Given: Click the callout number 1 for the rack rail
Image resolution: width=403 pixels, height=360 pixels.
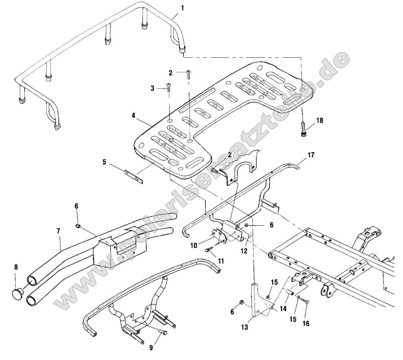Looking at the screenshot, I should click(182, 7).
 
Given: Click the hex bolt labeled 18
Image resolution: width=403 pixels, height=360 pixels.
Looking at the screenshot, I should click(303, 131).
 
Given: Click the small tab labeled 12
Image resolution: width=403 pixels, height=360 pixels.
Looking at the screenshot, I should click(250, 236).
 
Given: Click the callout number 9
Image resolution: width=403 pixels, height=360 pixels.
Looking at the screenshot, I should click(151, 348).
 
